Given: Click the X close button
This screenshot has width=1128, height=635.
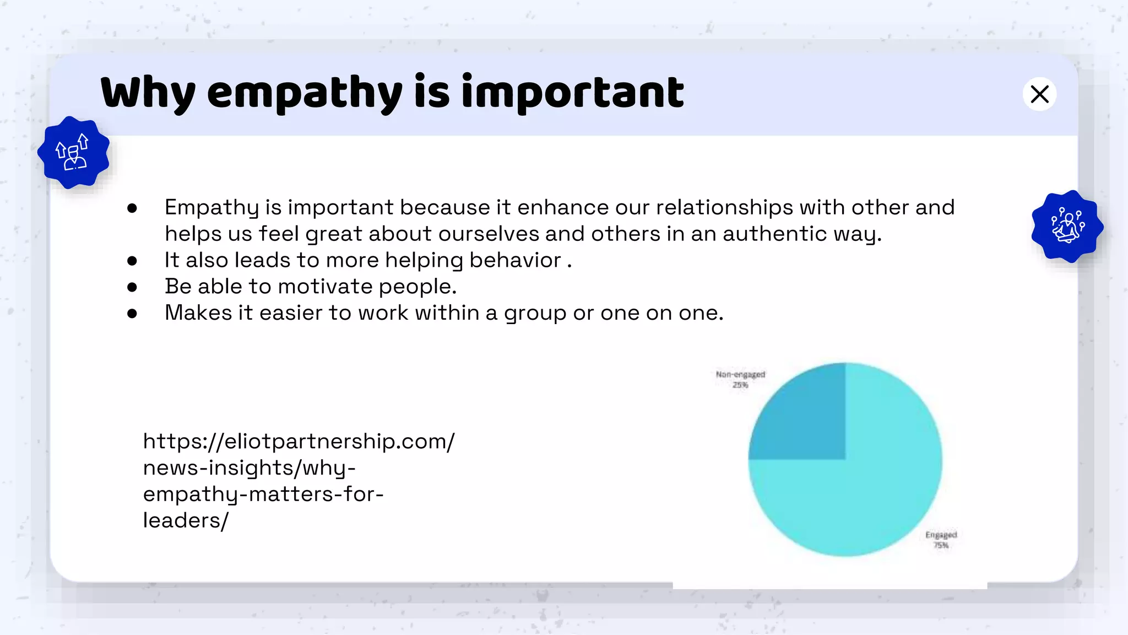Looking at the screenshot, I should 1039,94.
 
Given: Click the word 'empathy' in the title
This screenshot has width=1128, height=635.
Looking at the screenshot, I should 305,93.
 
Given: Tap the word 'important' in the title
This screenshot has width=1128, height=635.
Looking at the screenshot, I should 573,93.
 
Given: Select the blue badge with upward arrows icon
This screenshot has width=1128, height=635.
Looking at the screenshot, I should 73,152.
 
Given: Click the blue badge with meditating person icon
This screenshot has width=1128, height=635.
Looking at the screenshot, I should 1067,226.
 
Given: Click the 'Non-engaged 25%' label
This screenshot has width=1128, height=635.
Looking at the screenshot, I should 740,379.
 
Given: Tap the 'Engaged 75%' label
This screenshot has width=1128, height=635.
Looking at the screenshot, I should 941,540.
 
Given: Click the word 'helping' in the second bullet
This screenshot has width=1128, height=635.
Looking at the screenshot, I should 424,260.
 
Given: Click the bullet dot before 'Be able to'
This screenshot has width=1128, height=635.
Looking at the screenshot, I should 132,287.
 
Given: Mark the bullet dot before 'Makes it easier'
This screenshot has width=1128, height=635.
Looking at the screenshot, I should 132,314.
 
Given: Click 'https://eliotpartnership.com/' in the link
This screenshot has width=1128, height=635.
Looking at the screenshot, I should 299,441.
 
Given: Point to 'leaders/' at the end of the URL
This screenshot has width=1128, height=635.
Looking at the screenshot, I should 186,520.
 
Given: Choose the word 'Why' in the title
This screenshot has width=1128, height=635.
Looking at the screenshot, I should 148,93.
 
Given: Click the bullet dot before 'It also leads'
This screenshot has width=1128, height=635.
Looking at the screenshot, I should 132,261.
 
